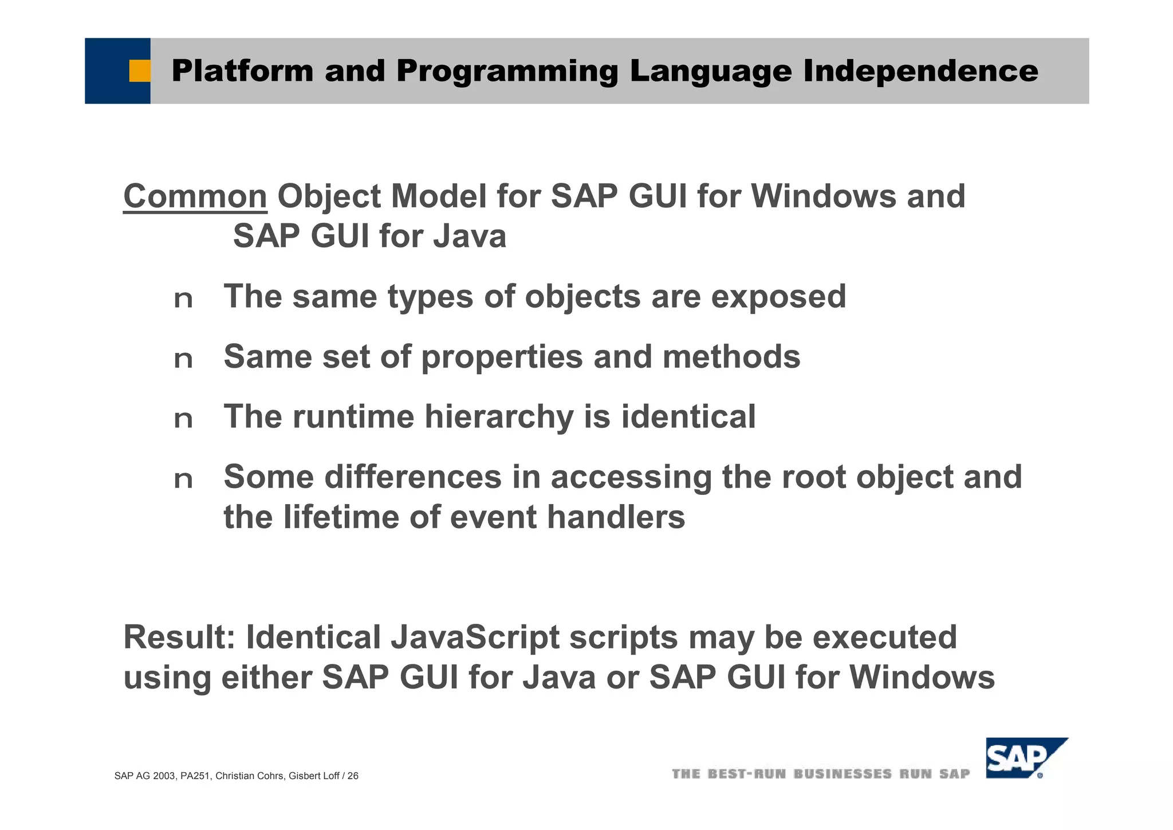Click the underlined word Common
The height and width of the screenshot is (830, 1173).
195,196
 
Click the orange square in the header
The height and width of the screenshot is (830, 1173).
139,71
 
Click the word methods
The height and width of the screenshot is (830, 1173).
731,356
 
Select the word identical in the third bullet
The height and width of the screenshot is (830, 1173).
688,416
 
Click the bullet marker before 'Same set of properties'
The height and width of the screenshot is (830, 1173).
183,360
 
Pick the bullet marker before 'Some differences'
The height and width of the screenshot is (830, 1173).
183,480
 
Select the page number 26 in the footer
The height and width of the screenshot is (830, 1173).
353,776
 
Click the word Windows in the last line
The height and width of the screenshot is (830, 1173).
922,677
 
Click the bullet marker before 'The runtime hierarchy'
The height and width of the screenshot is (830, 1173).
183,420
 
